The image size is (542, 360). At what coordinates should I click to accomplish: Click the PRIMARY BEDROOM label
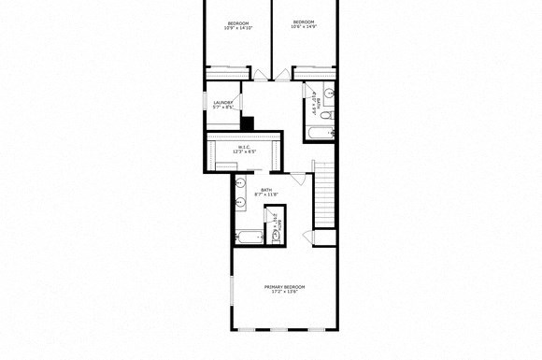point(285,286)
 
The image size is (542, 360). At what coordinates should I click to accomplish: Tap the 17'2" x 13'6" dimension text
point(285,292)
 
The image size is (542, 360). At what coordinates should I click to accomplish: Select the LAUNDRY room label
point(222,102)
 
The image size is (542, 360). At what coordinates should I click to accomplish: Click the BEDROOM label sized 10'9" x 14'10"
point(239,22)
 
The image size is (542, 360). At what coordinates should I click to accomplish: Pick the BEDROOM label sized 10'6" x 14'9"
point(304,22)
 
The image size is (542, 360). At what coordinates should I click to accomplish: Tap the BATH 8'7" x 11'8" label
point(266,191)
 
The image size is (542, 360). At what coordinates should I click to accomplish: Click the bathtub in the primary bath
point(249,237)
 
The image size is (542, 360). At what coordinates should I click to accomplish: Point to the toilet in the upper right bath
point(327,115)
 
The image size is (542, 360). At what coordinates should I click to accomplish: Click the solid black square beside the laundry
point(247,122)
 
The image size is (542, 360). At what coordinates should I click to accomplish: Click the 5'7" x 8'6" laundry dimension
point(222,108)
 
